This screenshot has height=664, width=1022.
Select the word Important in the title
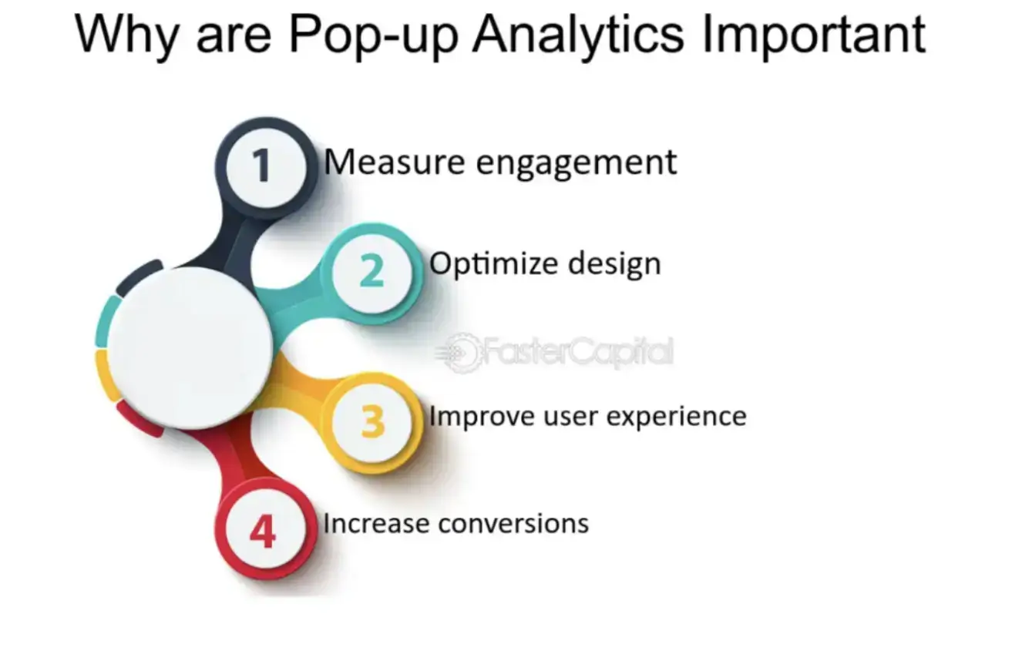(813, 36)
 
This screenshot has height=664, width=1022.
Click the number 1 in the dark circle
(263, 165)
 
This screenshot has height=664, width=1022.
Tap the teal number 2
(371, 270)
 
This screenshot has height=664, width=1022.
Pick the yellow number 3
(372, 421)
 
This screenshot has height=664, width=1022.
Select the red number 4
(263, 532)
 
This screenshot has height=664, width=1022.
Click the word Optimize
(493, 264)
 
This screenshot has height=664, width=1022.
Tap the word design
(614, 264)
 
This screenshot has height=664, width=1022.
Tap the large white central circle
(190, 347)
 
